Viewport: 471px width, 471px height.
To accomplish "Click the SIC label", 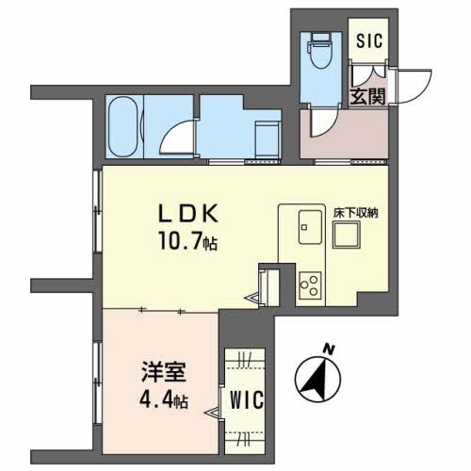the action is coord(369,41).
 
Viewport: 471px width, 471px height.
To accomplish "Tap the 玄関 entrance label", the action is coord(367,96).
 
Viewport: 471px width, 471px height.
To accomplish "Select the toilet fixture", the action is coord(321,51).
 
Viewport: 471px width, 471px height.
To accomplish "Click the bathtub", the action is coord(122,126).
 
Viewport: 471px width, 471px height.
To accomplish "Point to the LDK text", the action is coord(187,214).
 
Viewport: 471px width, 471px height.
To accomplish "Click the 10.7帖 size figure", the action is coord(187,241).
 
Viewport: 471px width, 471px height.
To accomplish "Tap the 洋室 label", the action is coord(164,372).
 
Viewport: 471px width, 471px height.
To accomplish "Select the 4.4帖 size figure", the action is coord(164,399).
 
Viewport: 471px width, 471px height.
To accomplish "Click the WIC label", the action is coord(247,400).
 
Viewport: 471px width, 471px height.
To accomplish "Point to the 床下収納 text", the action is coord(356,213).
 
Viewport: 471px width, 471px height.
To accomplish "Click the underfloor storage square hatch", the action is coord(347,235).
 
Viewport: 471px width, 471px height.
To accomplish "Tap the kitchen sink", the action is coord(310,227).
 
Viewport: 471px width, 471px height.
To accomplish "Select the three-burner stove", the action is coord(310,285).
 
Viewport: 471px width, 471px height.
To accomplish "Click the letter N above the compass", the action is coord(329,349).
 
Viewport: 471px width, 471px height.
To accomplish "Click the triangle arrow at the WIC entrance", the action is coord(212,413).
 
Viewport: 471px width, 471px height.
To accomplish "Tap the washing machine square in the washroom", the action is coord(267,140).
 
